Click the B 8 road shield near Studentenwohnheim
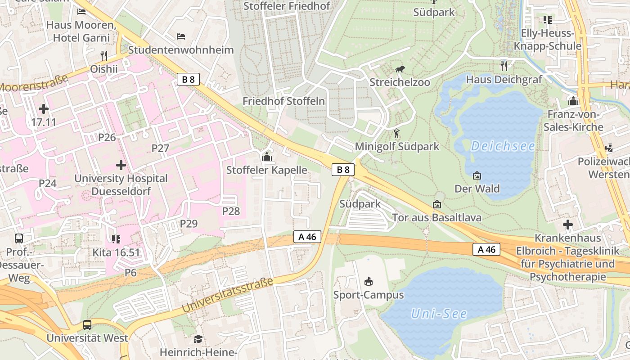[188, 80]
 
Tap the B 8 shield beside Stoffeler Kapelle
[343, 170]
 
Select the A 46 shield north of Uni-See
[486, 249]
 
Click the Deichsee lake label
[503, 146]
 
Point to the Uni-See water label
[439, 314]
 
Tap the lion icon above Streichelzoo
[400, 69]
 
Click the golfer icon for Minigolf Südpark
[396, 133]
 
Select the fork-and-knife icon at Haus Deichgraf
[504, 66]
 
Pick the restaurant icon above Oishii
[104, 55]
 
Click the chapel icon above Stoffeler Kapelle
[266, 157]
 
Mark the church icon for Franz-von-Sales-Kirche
[573, 101]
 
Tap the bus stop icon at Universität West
[87, 324]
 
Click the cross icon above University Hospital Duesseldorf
[121, 165]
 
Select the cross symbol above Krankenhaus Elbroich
[568, 224]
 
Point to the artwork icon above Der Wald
[477, 175]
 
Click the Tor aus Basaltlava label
[436, 218]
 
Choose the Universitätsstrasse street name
[228, 296]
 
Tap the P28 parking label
[231, 211]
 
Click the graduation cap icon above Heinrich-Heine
[198, 339]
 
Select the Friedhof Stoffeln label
[283, 101]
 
